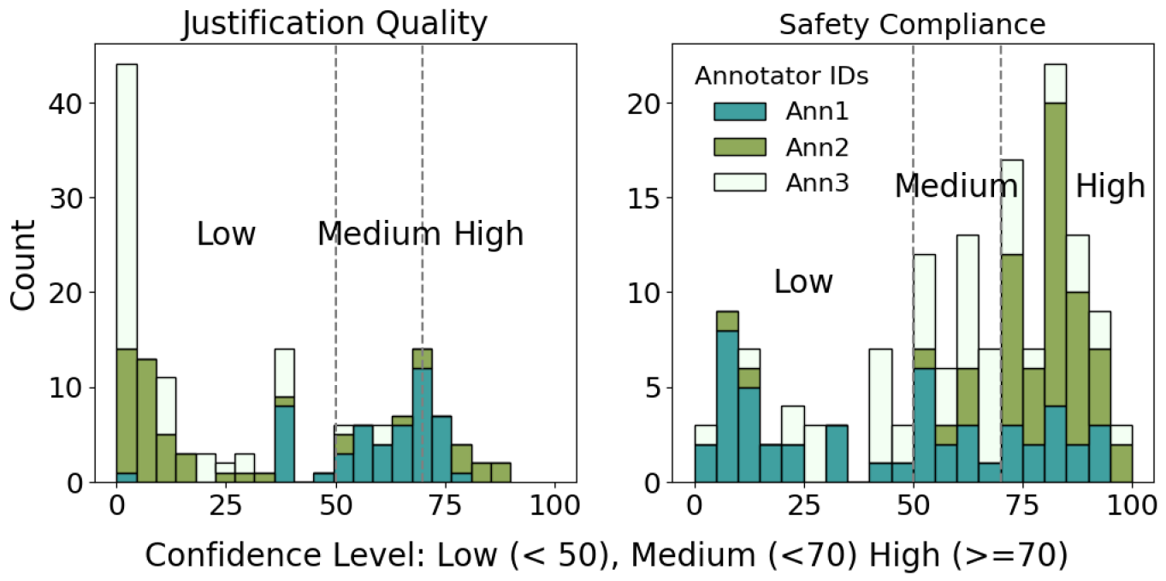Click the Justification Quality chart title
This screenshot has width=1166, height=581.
point(334,25)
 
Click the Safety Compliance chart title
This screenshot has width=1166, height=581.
point(912,25)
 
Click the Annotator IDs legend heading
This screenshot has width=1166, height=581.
point(782,76)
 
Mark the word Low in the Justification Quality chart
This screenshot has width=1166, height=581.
point(226,234)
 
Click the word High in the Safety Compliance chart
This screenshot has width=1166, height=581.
point(1110,186)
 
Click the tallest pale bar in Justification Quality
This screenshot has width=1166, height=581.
point(127,205)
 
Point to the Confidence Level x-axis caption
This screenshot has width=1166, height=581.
point(606,555)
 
